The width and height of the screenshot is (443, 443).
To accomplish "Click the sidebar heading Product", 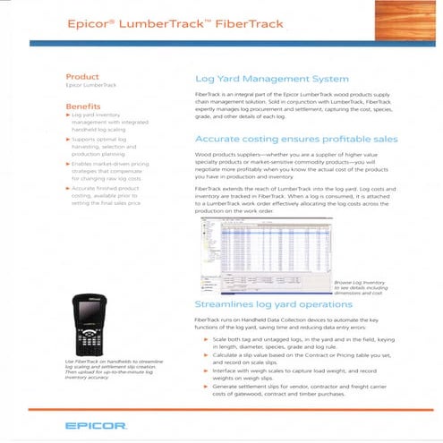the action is (x=82, y=77).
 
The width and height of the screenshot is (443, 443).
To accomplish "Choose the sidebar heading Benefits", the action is (x=84, y=106).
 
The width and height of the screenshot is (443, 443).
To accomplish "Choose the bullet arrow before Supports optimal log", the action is (x=71, y=141).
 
